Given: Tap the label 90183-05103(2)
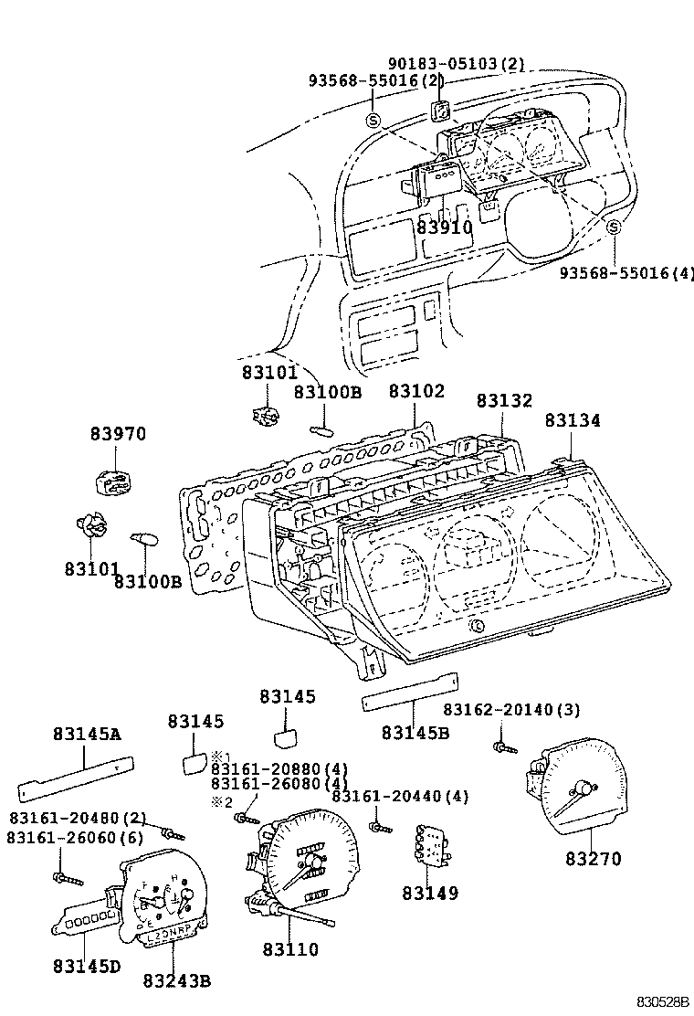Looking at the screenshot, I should pos(457,64).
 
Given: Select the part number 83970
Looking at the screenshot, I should pos(118,434).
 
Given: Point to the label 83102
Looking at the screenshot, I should pos(416,391).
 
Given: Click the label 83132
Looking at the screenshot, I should pos(503,401).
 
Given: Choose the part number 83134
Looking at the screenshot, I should pos(573,420).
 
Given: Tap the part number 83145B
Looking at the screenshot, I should pos(415,732).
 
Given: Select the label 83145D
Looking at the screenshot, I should pos(87,965).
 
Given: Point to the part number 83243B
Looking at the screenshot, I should pos(177,980).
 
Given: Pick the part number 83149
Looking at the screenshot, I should pos(429,893).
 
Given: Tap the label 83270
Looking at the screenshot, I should pos(593,859).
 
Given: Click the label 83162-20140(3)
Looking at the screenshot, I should pos(511,710).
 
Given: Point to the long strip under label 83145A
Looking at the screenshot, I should pos(78,777).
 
